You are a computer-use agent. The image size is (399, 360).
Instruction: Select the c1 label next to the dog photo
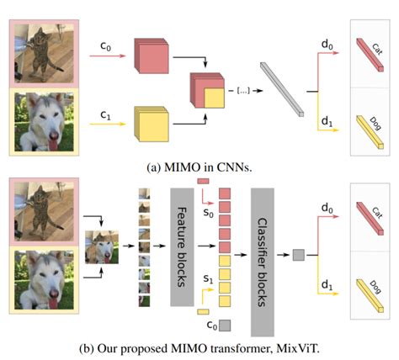coord(105,110)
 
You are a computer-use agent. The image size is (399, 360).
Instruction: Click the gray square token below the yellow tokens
coord(224,324)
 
